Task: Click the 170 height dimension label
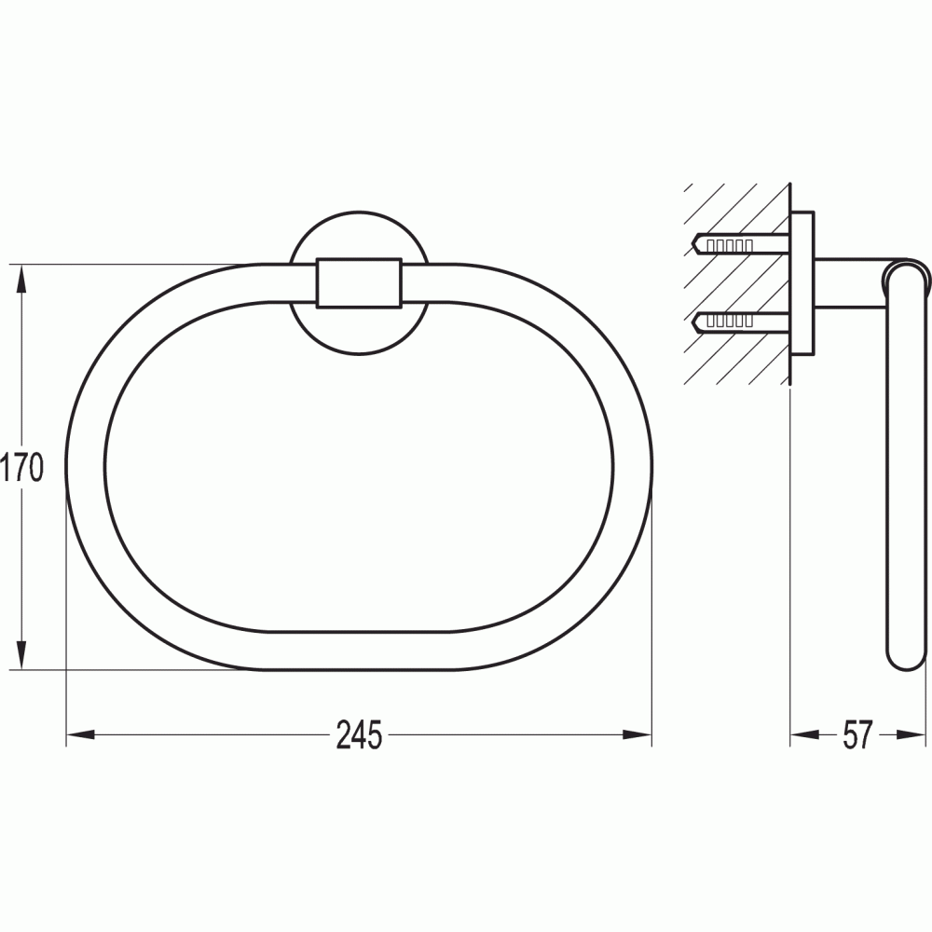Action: click(x=22, y=467)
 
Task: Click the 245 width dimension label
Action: click(x=359, y=734)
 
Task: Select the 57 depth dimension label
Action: click(x=857, y=734)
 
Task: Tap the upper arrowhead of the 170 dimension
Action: click(x=21, y=280)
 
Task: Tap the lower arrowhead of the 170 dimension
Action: click(x=21, y=655)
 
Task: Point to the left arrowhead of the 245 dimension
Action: click(x=81, y=734)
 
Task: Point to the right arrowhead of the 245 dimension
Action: click(x=637, y=734)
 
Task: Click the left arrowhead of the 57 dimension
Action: click(x=805, y=734)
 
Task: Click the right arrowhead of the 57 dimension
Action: click(x=911, y=734)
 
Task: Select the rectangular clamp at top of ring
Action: click(x=359, y=283)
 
